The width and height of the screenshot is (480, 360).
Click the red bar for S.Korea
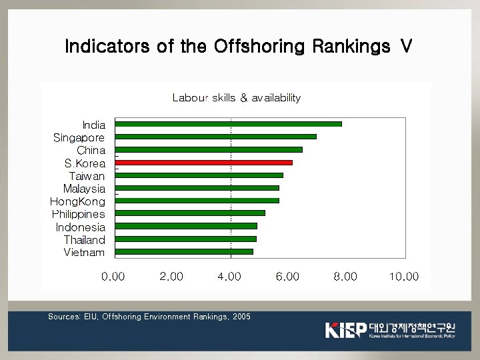coord(204,163)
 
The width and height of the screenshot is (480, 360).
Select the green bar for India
coord(229,124)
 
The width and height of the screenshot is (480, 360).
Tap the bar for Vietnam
coord(184,252)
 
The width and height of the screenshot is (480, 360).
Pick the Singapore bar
coord(216,137)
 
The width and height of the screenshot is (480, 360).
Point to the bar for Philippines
coord(190,213)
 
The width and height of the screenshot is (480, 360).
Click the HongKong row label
coord(77,201)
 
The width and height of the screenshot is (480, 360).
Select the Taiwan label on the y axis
coord(87,176)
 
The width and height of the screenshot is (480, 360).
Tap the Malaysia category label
coord(84,189)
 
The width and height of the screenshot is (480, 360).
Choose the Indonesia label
coord(80,227)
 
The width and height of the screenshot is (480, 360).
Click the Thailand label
coord(84,240)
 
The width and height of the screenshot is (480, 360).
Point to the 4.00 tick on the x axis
coord(229,277)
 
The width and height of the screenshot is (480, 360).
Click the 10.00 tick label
coord(404,277)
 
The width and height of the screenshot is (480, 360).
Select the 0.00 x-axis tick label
coord(113,277)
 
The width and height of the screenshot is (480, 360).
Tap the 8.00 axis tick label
coord(345,277)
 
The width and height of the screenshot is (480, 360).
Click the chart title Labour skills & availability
coord(237,98)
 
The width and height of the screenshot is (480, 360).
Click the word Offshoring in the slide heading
coord(257,47)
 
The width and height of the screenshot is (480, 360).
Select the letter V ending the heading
coord(405,47)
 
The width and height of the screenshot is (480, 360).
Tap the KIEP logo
coord(345,329)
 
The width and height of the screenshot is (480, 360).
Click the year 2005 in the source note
coord(241,317)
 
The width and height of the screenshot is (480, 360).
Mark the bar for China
coord(209,150)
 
